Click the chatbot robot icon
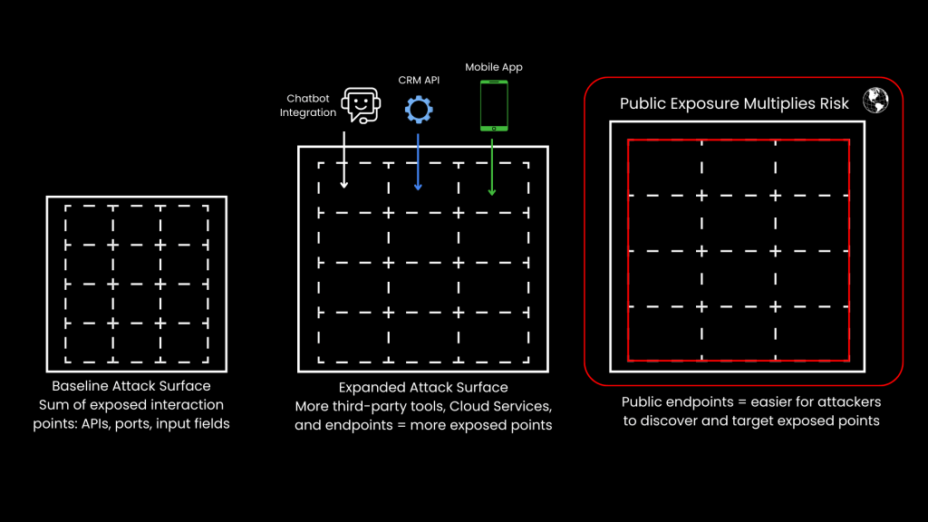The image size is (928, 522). pyautogui.click(x=359, y=105)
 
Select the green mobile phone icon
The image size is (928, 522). pyautogui.click(x=493, y=105)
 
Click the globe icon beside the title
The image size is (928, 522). pyautogui.click(x=875, y=101)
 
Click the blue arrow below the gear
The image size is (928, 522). pyautogui.click(x=418, y=161)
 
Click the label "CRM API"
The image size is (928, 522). pyautogui.click(x=418, y=81)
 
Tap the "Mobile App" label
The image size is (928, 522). pyautogui.click(x=494, y=67)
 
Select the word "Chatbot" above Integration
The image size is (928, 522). pyautogui.click(x=307, y=99)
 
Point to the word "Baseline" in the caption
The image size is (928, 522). pyautogui.click(x=81, y=386)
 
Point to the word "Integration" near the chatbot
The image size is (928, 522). pyautogui.click(x=308, y=112)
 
